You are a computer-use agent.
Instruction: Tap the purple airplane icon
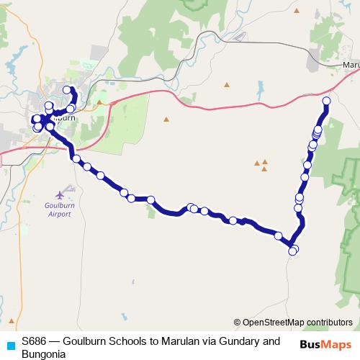(x=63, y=193)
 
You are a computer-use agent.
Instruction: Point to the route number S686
(x=35, y=341)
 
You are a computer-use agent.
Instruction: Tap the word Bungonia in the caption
(x=43, y=354)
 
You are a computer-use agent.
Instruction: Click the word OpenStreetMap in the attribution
(x=271, y=323)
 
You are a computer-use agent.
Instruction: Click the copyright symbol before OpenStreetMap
(x=238, y=323)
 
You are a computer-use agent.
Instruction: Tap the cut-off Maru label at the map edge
(x=351, y=66)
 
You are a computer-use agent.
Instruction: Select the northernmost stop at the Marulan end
(x=326, y=101)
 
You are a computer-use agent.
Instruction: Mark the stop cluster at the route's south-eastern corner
(x=293, y=250)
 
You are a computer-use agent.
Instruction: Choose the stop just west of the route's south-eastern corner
(x=278, y=235)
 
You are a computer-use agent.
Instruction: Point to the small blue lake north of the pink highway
(x=258, y=89)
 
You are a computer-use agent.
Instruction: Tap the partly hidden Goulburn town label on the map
(x=63, y=117)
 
